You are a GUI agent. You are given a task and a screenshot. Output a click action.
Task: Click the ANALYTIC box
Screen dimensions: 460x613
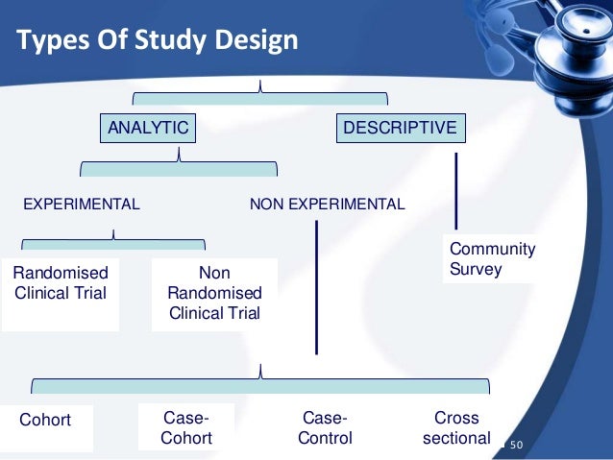coord(147,128)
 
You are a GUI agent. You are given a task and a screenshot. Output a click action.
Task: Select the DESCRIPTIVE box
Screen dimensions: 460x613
coord(400,128)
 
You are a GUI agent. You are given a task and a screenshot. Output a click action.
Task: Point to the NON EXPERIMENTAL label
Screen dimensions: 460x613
coord(327,204)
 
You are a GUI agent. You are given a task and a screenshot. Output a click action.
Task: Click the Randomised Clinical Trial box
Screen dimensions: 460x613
coord(60,283)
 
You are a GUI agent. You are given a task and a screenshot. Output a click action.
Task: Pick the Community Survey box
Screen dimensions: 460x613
coord(492,259)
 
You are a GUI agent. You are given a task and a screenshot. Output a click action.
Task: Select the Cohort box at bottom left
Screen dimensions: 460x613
coord(45,420)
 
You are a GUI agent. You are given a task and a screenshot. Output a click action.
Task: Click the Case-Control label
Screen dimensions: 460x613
coord(326,428)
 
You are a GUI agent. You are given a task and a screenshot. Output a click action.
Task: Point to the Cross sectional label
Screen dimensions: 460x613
coord(456,428)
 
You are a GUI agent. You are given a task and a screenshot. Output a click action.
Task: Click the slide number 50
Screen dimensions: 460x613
coord(515,445)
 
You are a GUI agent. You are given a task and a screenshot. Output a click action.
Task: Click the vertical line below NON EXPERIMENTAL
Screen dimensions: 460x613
coord(317,288)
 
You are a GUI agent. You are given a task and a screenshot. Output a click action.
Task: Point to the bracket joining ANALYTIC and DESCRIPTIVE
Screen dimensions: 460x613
coord(259,95)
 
